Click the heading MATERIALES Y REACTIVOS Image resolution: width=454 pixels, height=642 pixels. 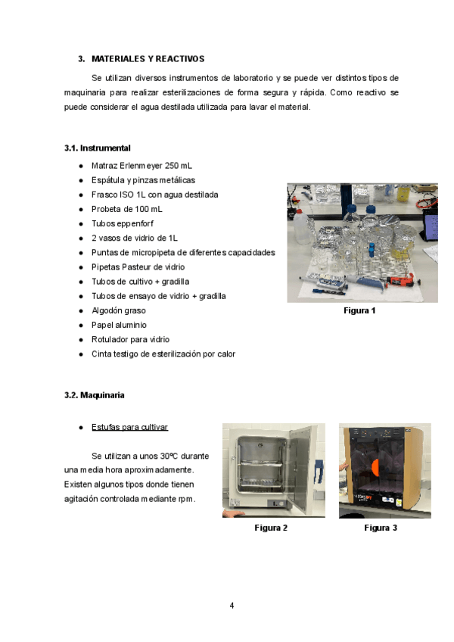tap(148, 58)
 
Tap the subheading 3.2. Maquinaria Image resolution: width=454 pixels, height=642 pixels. tap(95, 395)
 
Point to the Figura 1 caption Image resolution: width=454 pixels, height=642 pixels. tap(359, 310)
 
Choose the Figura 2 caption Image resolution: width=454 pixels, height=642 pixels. tap(271, 528)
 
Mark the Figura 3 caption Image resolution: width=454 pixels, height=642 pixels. tap(381, 528)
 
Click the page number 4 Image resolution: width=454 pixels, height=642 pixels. tap(232, 605)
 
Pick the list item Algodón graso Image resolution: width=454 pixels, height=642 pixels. tap(119, 310)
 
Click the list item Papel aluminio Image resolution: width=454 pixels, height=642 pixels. tap(120, 325)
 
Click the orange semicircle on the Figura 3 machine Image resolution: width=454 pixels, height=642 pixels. tap(376, 463)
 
